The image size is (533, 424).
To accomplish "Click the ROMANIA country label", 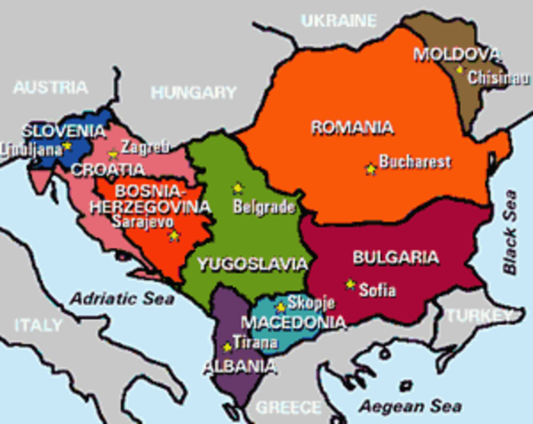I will point(352,127).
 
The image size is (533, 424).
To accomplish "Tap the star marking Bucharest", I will point(370,169).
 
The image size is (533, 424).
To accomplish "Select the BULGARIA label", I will point(395,257).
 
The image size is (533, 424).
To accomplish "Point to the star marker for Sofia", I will point(351,284).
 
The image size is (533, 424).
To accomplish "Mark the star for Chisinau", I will point(460,67).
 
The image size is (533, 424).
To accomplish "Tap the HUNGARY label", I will point(193,92).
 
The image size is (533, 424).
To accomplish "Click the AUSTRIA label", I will point(50,87).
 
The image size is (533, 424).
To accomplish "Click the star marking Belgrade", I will point(236,187).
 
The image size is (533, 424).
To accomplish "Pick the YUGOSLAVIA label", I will point(253,263).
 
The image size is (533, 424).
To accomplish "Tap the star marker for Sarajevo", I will point(174,236).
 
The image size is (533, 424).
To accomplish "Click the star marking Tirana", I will point(227,347).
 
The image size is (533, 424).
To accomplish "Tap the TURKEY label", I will point(479,315).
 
